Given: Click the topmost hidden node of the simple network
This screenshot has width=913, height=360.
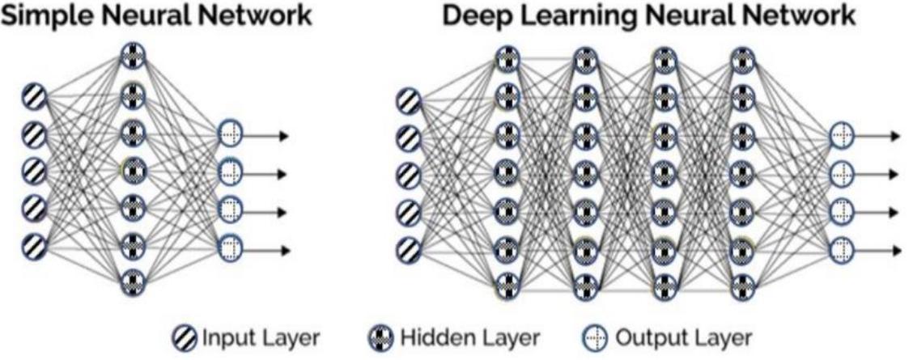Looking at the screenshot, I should (x=133, y=56).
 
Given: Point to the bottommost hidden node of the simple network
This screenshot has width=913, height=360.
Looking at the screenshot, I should (x=133, y=282).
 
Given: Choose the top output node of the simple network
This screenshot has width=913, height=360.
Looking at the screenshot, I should (x=230, y=135).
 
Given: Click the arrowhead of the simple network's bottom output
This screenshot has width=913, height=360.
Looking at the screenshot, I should (x=282, y=248).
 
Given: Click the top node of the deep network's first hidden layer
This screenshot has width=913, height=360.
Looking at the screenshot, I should (x=507, y=58).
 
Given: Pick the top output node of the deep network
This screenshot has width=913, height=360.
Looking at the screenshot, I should (x=842, y=136).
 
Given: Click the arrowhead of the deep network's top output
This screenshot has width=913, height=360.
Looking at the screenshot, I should (x=894, y=136).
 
